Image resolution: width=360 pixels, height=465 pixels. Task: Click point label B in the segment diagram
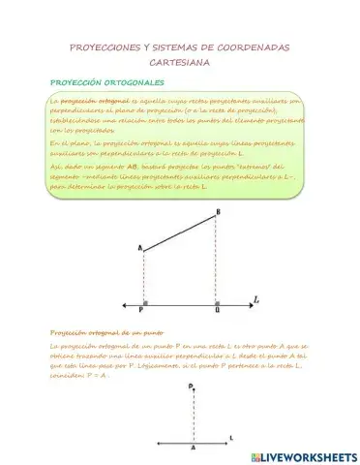tap(218, 212)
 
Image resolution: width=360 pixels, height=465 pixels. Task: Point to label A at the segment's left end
tap(140, 250)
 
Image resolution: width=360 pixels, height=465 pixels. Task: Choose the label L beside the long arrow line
tap(255, 300)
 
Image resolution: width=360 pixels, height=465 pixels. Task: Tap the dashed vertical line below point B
tap(217, 262)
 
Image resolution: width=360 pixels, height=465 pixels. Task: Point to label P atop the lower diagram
tap(191, 386)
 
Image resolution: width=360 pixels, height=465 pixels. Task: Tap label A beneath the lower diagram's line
tap(193, 449)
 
